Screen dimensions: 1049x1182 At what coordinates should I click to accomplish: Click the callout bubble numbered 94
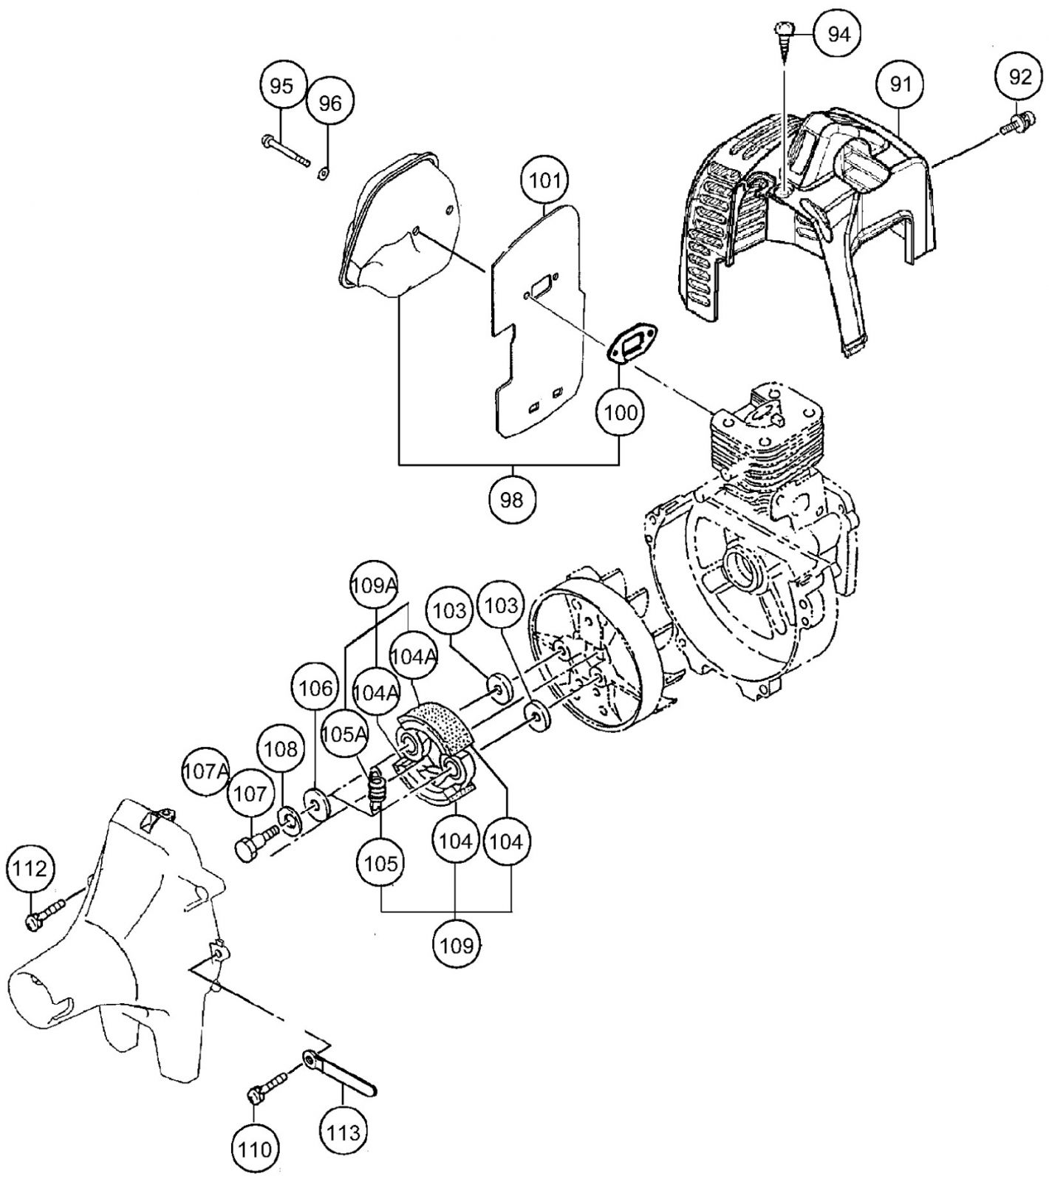tap(838, 35)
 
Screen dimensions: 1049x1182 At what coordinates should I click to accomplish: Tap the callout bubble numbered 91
tap(901, 84)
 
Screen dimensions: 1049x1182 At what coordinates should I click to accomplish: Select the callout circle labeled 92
tap(1019, 76)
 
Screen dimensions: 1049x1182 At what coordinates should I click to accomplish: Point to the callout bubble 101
tap(545, 180)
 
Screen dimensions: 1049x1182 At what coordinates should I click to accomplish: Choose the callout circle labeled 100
tap(621, 411)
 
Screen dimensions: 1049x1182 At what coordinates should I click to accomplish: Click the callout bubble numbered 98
tap(511, 500)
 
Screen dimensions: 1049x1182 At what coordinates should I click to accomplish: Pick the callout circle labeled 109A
tap(374, 586)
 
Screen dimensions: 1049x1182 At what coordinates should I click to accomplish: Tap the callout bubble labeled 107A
tap(206, 772)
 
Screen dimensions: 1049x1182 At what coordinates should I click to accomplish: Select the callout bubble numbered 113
tap(344, 1131)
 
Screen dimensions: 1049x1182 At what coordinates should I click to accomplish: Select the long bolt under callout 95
tap(286, 150)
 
